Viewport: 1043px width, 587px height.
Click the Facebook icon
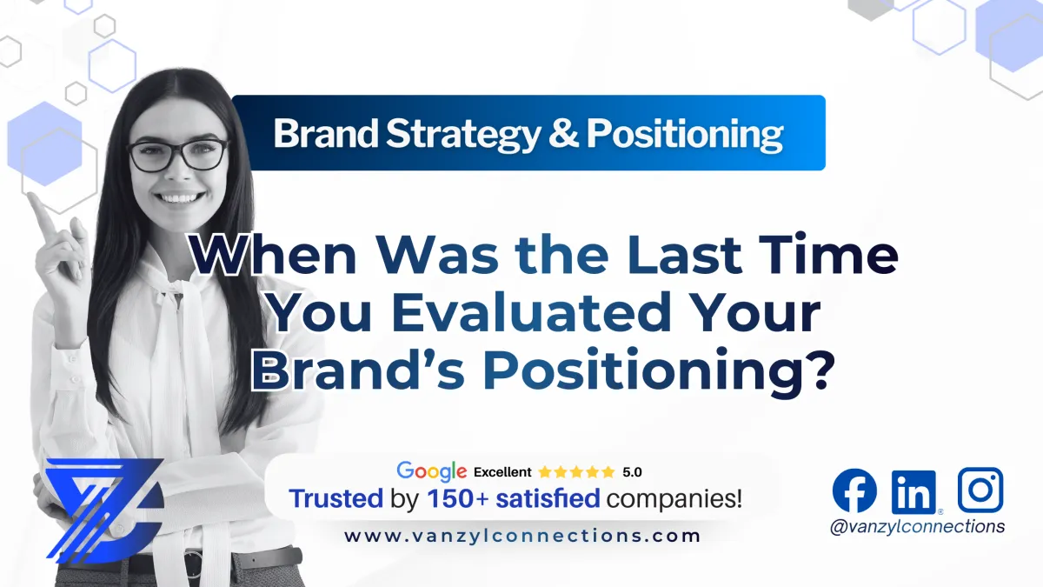(x=854, y=490)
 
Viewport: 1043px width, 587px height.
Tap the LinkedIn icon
(x=913, y=491)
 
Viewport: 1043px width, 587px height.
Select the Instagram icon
(x=980, y=490)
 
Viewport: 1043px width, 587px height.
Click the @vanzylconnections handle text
(x=917, y=526)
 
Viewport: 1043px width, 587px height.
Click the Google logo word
(x=432, y=471)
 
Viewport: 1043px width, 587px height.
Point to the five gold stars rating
(x=575, y=472)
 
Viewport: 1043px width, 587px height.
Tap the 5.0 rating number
(x=632, y=472)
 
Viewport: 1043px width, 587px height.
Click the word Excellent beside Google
(x=502, y=472)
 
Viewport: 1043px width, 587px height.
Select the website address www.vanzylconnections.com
(x=521, y=536)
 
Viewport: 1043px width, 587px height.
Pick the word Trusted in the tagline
(x=335, y=499)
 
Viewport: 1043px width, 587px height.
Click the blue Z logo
(x=104, y=507)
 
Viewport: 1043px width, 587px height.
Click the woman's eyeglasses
(x=177, y=156)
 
